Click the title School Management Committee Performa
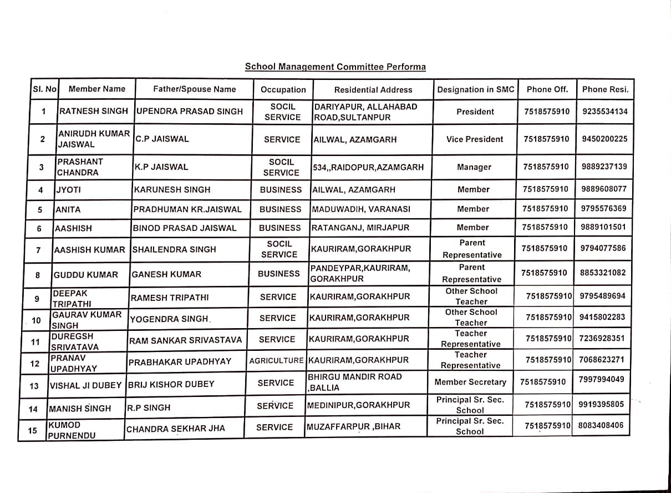coord(335,67)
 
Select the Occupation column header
coord(283,89)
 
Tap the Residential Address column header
coord(373,89)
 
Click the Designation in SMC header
coord(476,89)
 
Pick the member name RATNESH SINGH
coord(93,111)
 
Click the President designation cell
coord(475,112)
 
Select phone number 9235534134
coord(605,111)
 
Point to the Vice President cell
coord(475,139)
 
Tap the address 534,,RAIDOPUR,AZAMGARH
coord(368,167)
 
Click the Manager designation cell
coord(474,167)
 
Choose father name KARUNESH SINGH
coord(172,189)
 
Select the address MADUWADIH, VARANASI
coord(361,209)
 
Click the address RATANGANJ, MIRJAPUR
coord(360,228)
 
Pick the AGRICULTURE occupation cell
coord(276,360)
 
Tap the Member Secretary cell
coord(470,382)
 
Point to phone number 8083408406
coord(601,426)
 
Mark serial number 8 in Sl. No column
coord(38,275)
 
